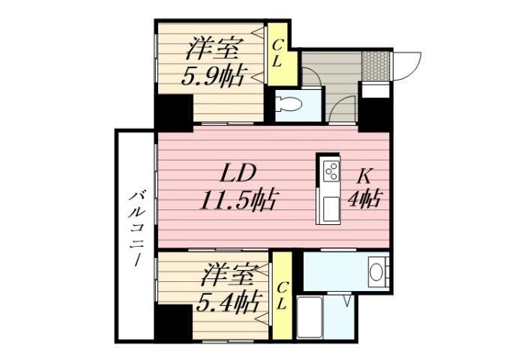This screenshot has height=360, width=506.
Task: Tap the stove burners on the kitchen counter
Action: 330,172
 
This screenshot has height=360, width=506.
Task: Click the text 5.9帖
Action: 214,75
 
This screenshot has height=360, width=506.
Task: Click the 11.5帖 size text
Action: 239,201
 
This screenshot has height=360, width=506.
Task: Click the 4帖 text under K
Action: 367,199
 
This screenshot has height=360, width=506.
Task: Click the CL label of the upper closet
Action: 277,54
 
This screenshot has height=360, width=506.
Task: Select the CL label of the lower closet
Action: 282,295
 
